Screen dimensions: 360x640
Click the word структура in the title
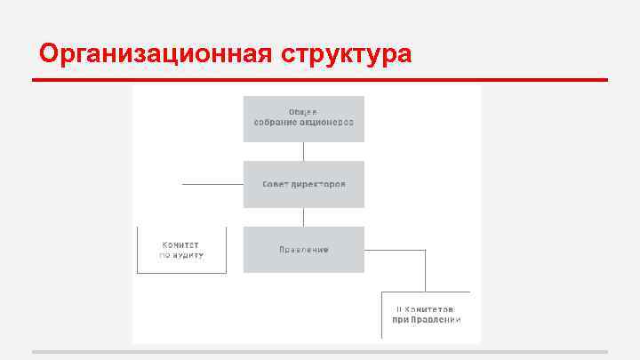pyautogui.click(x=347, y=54)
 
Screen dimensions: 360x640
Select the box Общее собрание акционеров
pyautogui.click(x=304, y=118)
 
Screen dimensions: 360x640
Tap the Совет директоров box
pyautogui.click(x=304, y=184)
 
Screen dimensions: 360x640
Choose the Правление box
pyautogui.click(x=304, y=250)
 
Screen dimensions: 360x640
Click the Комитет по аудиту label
pyautogui.click(x=181, y=249)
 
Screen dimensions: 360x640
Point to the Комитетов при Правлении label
pyautogui.click(x=428, y=314)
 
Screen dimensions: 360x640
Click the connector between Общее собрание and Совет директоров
pyautogui.click(x=304, y=151)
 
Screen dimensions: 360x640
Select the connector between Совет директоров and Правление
pyautogui.click(x=304, y=217)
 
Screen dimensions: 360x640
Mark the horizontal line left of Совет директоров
pyautogui.click(x=212, y=184)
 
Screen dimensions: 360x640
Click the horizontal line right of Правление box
pyautogui.click(x=395, y=250)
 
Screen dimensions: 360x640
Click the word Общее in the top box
pyautogui.click(x=303, y=111)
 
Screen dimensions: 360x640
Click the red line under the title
pyautogui.click(x=320, y=80)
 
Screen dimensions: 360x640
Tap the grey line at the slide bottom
pyautogui.click(x=320, y=352)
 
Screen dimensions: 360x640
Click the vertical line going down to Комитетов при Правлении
pyautogui.click(x=425, y=270)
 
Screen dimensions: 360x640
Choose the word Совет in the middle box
pyautogui.click(x=275, y=184)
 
